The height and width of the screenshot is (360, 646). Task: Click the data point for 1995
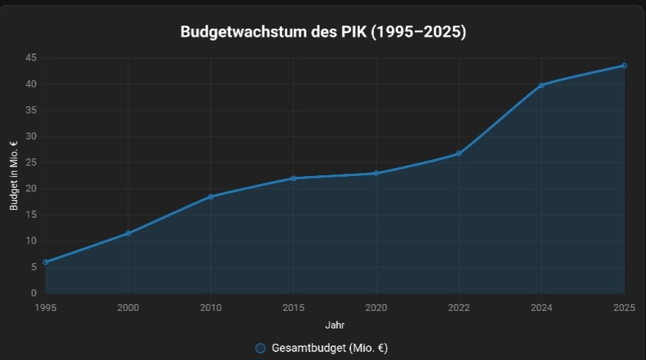(x=45, y=262)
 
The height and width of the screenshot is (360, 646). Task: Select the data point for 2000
(x=128, y=233)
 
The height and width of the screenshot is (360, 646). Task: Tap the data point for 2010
(x=210, y=196)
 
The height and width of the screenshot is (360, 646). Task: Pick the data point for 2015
(x=293, y=178)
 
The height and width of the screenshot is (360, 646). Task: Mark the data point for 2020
(x=376, y=173)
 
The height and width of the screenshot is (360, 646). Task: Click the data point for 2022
(x=459, y=153)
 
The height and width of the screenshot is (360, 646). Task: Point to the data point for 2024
(x=541, y=85)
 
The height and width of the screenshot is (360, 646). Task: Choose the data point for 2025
(x=624, y=65)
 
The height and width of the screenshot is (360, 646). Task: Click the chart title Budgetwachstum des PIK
(x=323, y=33)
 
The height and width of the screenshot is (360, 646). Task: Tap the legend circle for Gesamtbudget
(x=260, y=348)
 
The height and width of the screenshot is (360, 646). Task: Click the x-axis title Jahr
(x=334, y=323)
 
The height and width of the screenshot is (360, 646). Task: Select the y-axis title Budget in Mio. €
(x=14, y=176)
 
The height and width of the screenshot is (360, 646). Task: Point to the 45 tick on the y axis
(x=31, y=58)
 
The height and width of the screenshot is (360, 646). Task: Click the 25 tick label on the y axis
(x=31, y=163)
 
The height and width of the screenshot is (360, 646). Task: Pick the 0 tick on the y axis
(x=33, y=293)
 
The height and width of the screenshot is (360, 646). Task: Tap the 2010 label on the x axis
(x=210, y=306)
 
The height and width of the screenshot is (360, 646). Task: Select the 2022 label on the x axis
(x=459, y=306)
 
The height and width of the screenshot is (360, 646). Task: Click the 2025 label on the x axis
(x=624, y=306)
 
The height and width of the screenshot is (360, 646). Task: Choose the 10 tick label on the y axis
(x=31, y=241)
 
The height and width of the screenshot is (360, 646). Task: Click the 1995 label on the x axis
(x=45, y=306)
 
